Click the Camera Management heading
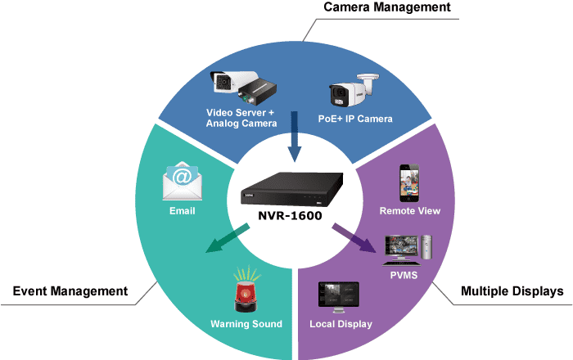(387, 7)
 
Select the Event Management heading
(70, 291)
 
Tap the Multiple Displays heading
(512, 291)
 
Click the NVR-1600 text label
(290, 215)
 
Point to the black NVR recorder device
(291, 189)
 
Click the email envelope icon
(182, 181)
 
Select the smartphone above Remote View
(409, 183)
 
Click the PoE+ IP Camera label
(355, 119)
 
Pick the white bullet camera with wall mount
(354, 90)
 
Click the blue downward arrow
(295, 137)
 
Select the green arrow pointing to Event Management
(228, 238)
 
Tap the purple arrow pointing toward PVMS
(354, 237)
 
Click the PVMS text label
(404, 275)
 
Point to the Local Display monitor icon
(339, 297)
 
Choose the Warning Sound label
(246, 324)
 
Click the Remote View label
(409, 211)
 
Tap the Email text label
(183, 211)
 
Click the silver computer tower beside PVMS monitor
(426, 247)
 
